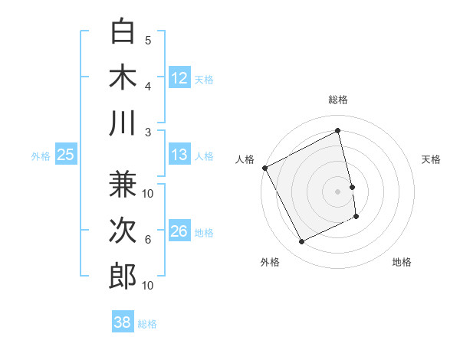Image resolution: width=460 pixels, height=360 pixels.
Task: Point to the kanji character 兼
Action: click(123, 185)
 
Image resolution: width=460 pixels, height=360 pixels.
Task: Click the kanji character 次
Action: click(123, 230)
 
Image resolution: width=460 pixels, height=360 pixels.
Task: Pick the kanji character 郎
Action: click(123, 276)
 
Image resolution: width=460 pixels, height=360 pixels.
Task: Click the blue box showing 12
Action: click(179, 77)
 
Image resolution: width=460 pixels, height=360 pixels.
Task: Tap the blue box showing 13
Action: click(179, 155)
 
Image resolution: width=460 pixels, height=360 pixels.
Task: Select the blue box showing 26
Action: click(179, 232)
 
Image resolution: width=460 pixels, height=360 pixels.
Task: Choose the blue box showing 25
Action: click(65, 155)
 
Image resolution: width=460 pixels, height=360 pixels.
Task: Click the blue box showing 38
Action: click(123, 323)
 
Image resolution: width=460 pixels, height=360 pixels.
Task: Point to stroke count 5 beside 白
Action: click(148, 41)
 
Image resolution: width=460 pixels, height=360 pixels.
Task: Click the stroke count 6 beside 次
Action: click(148, 240)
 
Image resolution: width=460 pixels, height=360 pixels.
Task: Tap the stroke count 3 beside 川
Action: click(148, 132)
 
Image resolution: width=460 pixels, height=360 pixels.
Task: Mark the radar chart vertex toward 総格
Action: click(338, 130)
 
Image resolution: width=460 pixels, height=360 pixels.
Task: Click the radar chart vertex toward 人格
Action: click(264, 168)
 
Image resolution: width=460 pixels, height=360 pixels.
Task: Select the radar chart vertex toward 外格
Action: click(301, 242)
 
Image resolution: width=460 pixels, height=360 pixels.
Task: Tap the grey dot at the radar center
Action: click(338, 191)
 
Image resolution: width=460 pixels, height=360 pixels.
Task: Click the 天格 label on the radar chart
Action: click(432, 159)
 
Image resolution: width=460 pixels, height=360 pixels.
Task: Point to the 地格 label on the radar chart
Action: click(402, 262)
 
